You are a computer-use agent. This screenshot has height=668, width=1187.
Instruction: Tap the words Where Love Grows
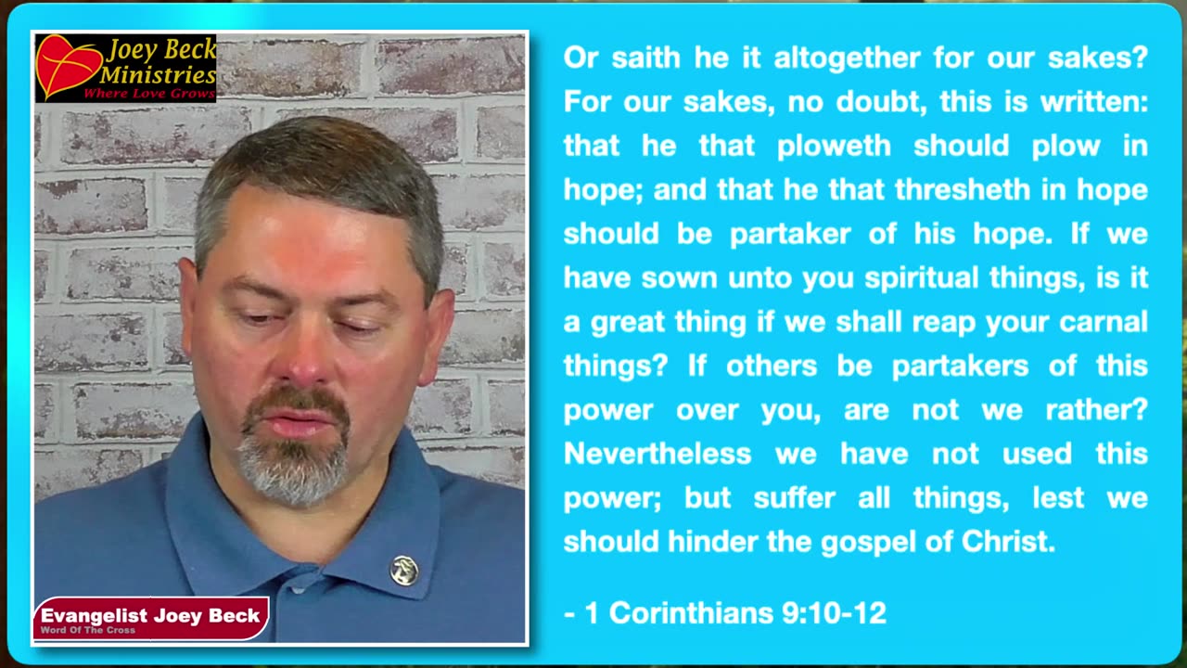(149, 95)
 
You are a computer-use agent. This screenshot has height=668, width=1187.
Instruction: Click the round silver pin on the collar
(403, 571)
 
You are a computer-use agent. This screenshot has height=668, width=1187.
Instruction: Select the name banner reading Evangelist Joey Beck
(151, 618)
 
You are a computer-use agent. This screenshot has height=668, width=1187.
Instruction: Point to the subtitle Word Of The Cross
(88, 630)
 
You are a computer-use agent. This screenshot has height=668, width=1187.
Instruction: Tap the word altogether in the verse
(847, 58)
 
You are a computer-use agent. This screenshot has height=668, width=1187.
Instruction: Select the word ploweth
(834, 147)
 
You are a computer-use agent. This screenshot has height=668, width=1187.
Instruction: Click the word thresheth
(963, 190)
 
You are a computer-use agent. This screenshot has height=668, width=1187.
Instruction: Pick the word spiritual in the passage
(922, 279)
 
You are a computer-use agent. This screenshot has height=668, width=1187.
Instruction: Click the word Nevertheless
(657, 454)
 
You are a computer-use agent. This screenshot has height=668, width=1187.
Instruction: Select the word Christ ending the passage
(1007, 541)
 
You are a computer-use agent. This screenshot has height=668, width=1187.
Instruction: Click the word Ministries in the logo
(158, 75)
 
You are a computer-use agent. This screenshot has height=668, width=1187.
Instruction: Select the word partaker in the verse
(790, 235)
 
